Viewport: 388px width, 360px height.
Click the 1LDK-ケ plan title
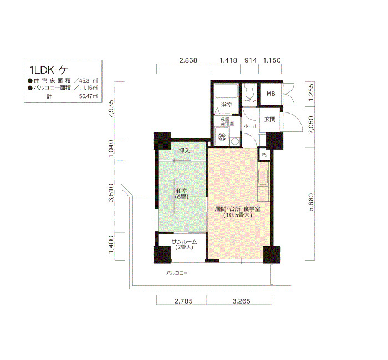49,70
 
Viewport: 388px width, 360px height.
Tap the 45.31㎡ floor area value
88,81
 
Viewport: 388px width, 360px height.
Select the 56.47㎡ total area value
88,96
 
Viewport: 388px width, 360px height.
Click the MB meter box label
271,94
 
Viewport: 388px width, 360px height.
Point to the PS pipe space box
264,155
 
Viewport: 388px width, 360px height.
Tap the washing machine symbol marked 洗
222,137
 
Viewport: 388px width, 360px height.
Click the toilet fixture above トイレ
249,90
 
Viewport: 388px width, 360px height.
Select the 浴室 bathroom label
226,105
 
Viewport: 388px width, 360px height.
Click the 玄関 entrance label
270,119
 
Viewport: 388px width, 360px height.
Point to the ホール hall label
250,126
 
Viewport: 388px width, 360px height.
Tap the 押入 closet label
184,151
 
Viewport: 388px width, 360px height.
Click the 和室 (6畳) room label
182,194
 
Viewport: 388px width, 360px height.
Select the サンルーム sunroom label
184,244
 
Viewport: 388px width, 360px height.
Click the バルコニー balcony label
177,273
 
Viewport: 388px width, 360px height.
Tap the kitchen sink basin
263,177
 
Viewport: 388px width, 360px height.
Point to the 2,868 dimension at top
188,60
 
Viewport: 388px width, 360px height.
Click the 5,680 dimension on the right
311,202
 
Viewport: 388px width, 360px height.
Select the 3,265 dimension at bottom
241,301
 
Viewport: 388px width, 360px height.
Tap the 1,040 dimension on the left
111,148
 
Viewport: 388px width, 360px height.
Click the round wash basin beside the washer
234,142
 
